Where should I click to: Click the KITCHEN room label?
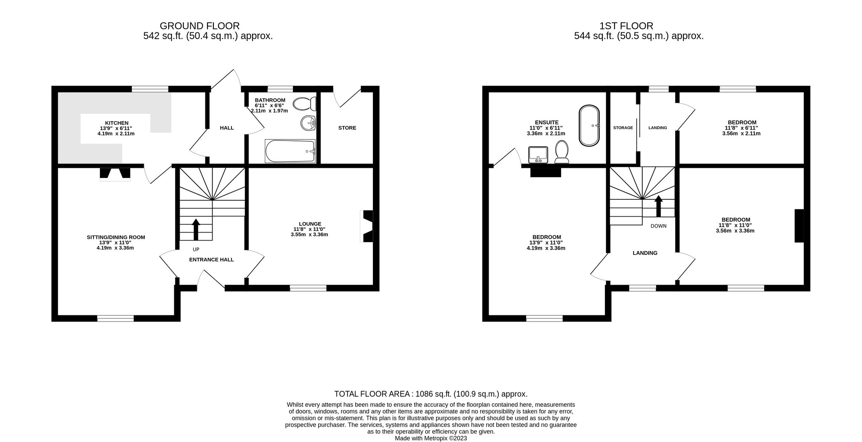(117, 123)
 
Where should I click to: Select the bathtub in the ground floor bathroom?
(290, 151)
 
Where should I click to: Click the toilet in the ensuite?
(562, 152)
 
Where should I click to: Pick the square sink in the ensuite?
(538, 155)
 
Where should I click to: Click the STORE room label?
(347, 128)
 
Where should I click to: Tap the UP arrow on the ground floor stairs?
(196, 229)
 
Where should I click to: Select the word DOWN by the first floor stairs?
(659, 226)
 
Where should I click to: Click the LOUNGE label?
(310, 224)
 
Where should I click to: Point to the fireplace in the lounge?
(367, 226)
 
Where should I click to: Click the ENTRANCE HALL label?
(211, 259)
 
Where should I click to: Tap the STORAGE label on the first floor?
(623, 128)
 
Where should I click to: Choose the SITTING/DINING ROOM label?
(116, 237)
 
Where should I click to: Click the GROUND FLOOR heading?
(200, 26)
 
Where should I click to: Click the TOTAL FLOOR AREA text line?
(431, 394)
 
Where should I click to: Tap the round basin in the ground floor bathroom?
(309, 123)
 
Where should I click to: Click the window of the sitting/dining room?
(115, 318)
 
